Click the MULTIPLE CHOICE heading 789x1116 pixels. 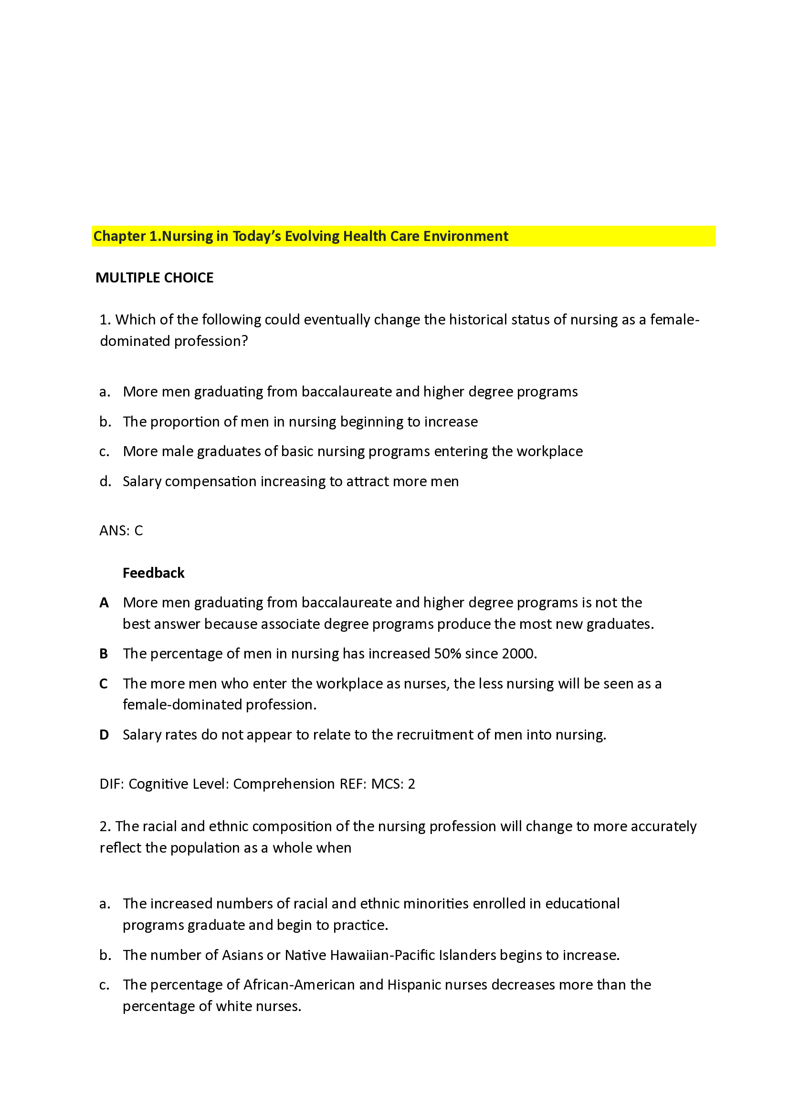coord(154,278)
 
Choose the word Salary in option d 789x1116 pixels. coord(141,481)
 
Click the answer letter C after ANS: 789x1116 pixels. coord(138,530)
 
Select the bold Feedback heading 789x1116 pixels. coord(153,573)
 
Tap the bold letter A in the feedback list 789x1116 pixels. coord(104,603)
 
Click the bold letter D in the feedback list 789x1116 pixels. coord(104,735)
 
